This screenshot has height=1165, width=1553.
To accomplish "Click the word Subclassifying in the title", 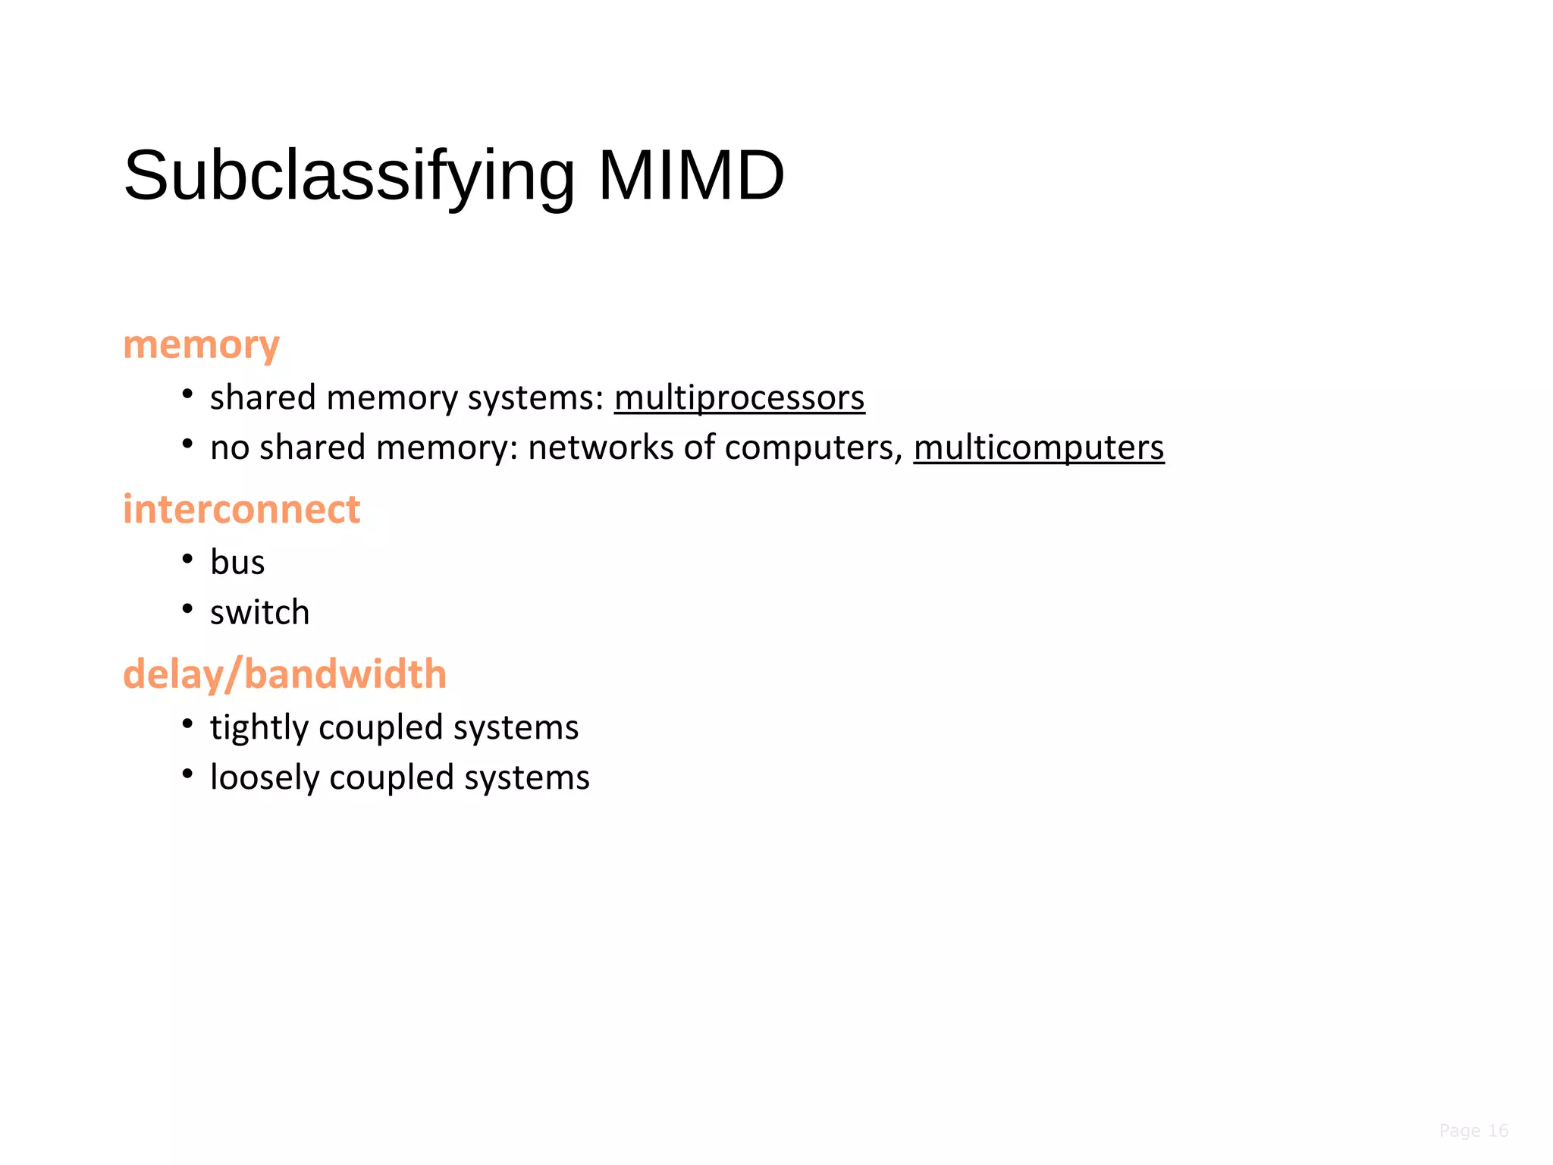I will pos(349,176).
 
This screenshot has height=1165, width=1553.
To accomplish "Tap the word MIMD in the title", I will pos(691,176).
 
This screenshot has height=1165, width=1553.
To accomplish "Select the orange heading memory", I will pos(201,345).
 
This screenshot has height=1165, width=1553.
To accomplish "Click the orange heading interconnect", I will pos(241,509).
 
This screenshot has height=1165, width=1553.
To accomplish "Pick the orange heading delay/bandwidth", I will pos(284,674).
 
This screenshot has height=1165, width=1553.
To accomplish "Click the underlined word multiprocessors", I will pos(739,397).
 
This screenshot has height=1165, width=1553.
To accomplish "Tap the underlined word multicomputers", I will pos(1038,447).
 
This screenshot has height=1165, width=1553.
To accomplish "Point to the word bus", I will pos(237,563).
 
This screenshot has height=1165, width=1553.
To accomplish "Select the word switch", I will pos(259,613).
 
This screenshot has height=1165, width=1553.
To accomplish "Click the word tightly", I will pos(259,727).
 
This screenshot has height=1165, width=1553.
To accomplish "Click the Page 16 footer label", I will pos(1473,1131).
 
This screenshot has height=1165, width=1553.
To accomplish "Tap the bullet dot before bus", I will pos(187,559).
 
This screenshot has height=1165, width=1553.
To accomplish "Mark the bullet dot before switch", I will pos(187,609).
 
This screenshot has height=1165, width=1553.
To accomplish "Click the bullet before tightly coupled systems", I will pos(187,724).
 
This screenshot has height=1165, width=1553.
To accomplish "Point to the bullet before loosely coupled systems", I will pos(187,774).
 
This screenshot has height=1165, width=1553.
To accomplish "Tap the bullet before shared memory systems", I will pos(187,394).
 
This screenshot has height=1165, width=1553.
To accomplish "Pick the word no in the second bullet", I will pos(229,447).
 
